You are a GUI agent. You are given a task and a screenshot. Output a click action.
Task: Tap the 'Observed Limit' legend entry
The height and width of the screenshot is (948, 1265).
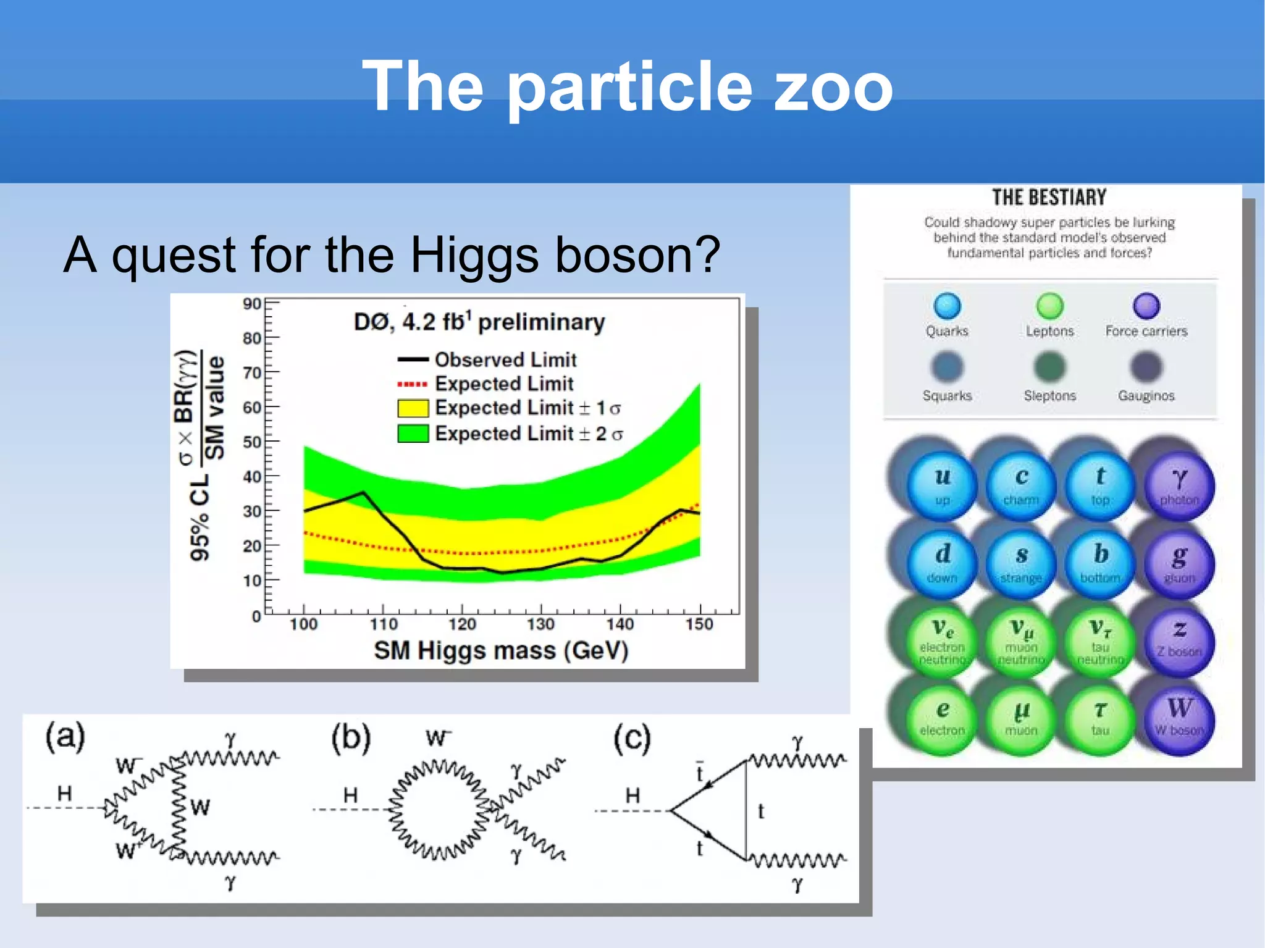tap(505, 359)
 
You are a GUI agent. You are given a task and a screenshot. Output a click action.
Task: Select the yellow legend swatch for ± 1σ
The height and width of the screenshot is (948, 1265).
tap(413, 408)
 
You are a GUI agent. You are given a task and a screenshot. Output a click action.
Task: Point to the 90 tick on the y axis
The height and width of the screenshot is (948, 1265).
tap(252, 304)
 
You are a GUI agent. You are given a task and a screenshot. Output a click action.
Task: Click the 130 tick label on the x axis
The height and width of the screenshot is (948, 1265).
tap(540, 624)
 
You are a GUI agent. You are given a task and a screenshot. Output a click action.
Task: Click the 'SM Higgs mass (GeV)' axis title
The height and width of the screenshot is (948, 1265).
tap(501, 650)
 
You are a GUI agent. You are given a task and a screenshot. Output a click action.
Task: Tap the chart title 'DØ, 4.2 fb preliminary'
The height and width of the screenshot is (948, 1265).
tap(479, 322)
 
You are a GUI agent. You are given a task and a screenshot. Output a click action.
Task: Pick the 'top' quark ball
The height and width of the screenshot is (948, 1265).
tap(1100, 485)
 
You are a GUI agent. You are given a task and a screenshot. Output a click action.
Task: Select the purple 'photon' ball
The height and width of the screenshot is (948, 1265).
tap(1179, 485)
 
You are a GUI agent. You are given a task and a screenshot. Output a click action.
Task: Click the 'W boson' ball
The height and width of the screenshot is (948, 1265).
tap(1179, 718)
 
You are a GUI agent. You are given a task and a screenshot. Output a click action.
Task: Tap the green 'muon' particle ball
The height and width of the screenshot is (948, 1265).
tap(1021, 718)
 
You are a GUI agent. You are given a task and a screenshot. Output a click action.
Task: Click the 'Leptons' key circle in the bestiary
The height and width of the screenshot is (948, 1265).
tap(1049, 306)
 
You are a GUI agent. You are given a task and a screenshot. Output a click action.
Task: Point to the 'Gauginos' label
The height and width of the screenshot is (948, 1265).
tap(1146, 395)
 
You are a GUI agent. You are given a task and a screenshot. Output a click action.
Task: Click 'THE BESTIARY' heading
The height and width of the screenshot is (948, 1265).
tap(1049, 198)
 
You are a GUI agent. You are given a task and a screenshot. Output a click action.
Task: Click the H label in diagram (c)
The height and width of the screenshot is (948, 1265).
tap(632, 795)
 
